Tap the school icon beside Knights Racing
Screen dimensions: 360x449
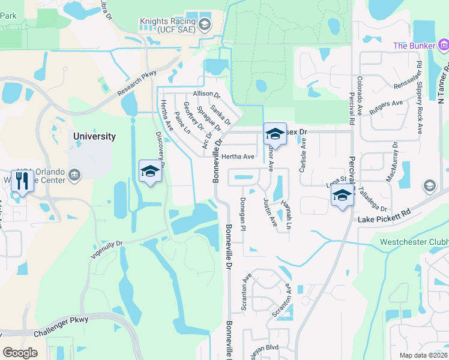204,25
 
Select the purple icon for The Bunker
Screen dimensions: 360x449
444,45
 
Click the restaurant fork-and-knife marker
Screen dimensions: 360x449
23,181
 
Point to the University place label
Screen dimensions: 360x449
94,136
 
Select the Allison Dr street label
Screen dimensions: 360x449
207,95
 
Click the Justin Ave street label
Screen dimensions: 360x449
270,213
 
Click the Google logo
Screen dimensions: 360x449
20,353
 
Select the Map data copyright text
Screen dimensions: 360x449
424,355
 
